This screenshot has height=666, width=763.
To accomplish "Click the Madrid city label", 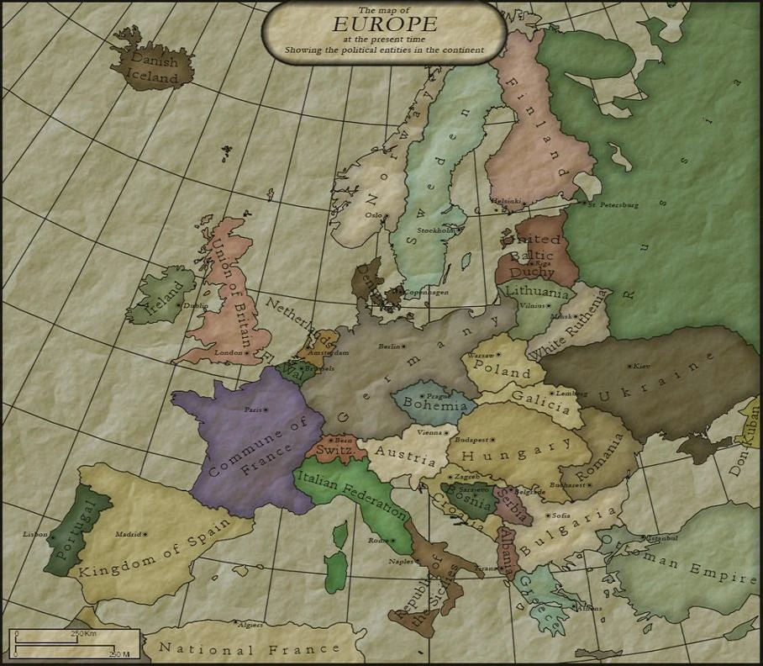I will [x=128, y=534].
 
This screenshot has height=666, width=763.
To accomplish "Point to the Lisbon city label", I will [x=36, y=534].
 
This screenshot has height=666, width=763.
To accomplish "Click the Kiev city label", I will [x=641, y=367].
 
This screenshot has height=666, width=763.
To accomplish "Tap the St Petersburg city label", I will [x=613, y=204].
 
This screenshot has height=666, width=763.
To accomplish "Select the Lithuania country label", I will [x=536, y=291].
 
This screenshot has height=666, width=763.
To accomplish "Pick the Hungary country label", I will [x=504, y=454].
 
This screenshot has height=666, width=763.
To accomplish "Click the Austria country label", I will [x=405, y=455].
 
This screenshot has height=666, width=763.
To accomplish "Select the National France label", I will [x=250, y=648].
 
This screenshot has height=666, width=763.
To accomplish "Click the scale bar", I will [x=71, y=644].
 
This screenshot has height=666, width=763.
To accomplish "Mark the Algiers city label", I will [x=250, y=625].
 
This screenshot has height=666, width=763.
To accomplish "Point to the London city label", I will [x=229, y=353].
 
